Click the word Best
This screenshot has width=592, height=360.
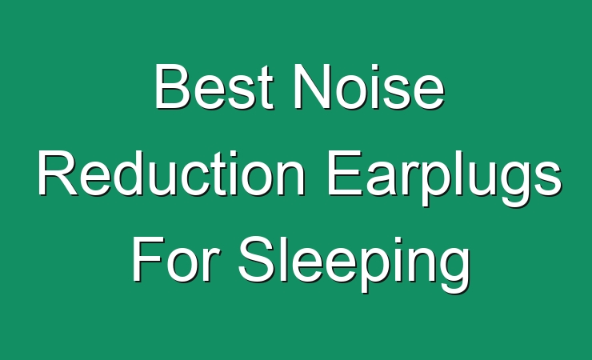[214, 86]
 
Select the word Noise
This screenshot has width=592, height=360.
[370, 86]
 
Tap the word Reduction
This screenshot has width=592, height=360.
[171, 173]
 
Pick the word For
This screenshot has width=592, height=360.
[176, 259]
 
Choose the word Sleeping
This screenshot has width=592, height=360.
[354, 264]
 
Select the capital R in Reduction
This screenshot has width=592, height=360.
[58, 173]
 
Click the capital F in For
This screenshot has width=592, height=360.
[148, 259]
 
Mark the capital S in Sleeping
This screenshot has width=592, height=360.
[256, 259]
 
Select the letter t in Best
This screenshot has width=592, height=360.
[266, 89]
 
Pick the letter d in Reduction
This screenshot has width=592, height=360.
[131, 174]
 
